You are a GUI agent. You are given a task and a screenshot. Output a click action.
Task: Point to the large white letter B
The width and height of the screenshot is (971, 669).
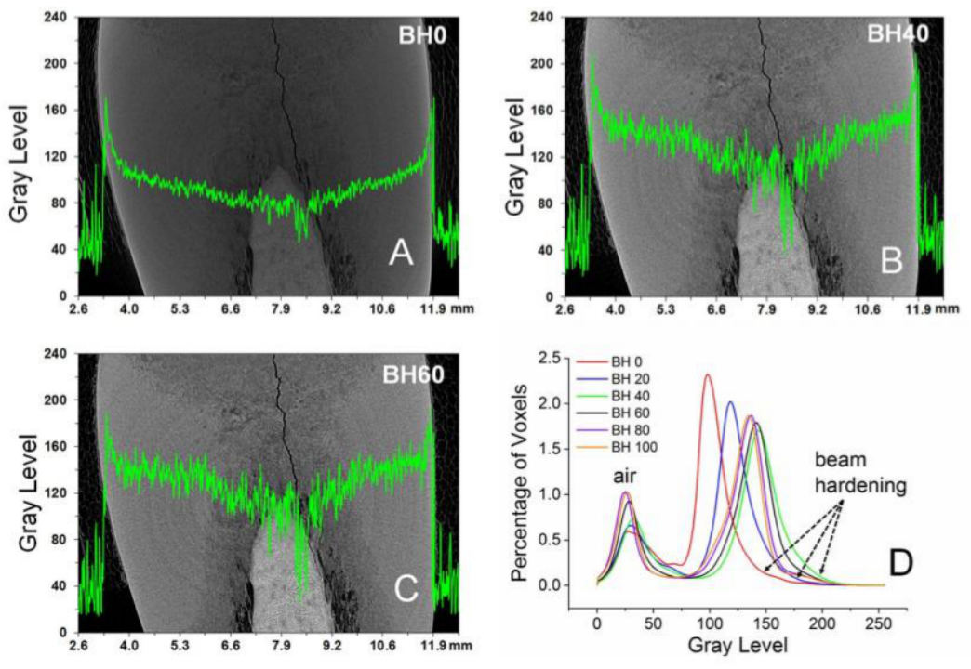[x=891, y=262]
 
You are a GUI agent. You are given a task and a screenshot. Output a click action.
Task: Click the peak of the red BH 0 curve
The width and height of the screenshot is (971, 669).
[x=708, y=375]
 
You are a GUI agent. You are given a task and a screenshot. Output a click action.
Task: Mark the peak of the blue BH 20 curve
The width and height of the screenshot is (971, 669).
[x=730, y=402]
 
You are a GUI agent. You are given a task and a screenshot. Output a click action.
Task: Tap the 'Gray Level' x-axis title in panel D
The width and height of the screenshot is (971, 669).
[x=740, y=642]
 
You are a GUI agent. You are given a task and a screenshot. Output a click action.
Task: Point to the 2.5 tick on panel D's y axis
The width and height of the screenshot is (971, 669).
[x=561, y=358]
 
